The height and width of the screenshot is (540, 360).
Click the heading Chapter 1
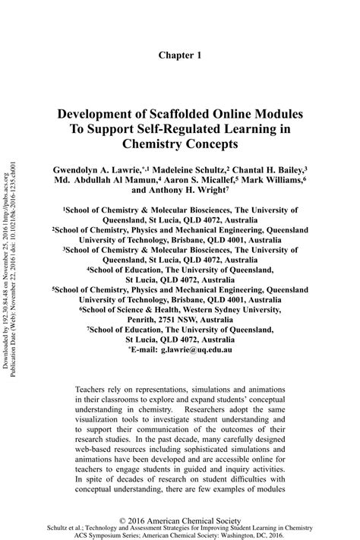coord(180,55)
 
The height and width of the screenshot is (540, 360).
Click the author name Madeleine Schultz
coord(191,169)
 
